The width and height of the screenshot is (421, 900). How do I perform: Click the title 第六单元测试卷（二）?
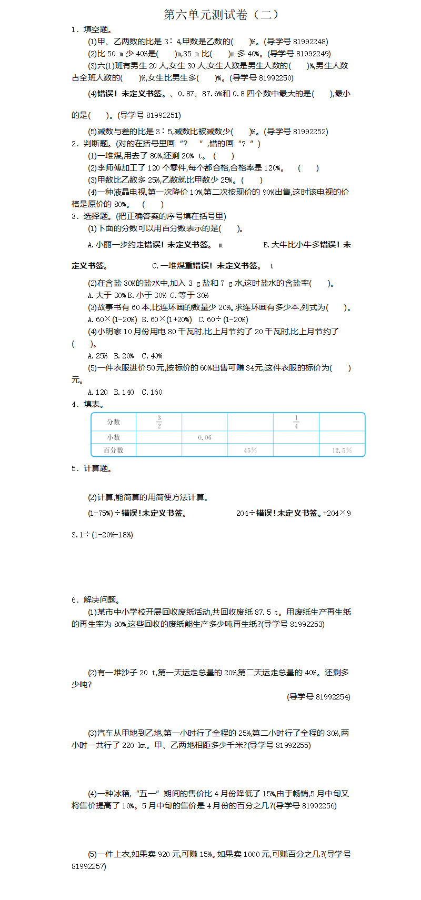pos(221,15)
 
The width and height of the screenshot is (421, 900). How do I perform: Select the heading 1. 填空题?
pos(92,29)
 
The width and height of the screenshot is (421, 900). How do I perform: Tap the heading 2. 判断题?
pos(92,143)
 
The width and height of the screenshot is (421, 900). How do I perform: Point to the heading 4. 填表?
pos(88,404)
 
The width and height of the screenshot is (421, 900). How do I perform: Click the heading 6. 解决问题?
pos(96,599)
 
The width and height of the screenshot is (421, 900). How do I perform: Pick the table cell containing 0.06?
pos(205,437)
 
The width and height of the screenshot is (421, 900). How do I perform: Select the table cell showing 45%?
pos(250,451)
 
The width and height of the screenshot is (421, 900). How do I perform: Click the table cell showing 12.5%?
pos(342,451)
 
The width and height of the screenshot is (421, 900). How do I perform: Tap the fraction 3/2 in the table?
pos(159,422)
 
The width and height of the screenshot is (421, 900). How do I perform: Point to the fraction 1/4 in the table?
pos(296,422)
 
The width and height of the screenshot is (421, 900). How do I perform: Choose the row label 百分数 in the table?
pos(114,451)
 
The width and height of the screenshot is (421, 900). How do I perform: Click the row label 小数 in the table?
pos(114,437)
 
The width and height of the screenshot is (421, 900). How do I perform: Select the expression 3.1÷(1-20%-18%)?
pos(103,535)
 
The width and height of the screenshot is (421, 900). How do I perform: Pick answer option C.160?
pos(152,392)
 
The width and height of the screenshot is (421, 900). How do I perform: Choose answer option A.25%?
pos(98,356)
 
